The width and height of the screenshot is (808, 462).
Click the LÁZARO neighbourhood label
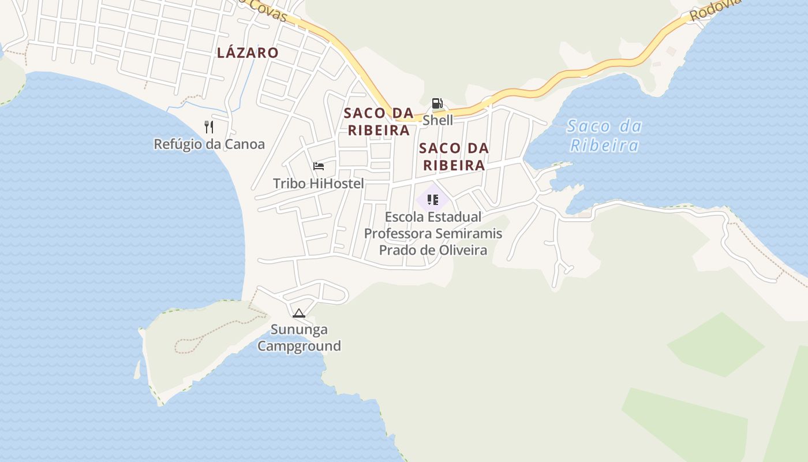pyautogui.click(x=248, y=53)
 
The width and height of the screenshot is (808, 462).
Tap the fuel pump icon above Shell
pyautogui.click(x=437, y=104)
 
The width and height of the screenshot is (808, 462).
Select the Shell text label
pyautogui.click(x=438, y=120)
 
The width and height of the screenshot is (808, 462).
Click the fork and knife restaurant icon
pyautogui.click(x=209, y=127)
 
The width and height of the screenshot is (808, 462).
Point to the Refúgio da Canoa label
pyautogui.click(x=209, y=144)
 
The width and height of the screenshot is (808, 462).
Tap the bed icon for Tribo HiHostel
pyautogui.click(x=319, y=167)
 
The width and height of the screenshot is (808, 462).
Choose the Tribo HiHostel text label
pyautogui.click(x=319, y=184)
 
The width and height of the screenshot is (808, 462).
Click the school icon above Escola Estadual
pyautogui.click(x=433, y=200)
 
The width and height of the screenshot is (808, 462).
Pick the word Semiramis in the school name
pyautogui.click(x=469, y=234)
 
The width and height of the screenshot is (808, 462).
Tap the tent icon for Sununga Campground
pyautogui.click(x=298, y=314)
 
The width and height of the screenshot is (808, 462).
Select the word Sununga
pyautogui.click(x=300, y=330)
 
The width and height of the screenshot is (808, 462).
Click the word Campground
pyautogui.click(x=299, y=346)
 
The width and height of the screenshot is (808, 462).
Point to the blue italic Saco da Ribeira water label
pyautogui.click(x=604, y=136)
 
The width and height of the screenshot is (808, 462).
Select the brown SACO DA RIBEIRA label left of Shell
pyautogui.click(x=379, y=121)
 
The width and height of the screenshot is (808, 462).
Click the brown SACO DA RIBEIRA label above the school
pyautogui.click(x=454, y=157)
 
